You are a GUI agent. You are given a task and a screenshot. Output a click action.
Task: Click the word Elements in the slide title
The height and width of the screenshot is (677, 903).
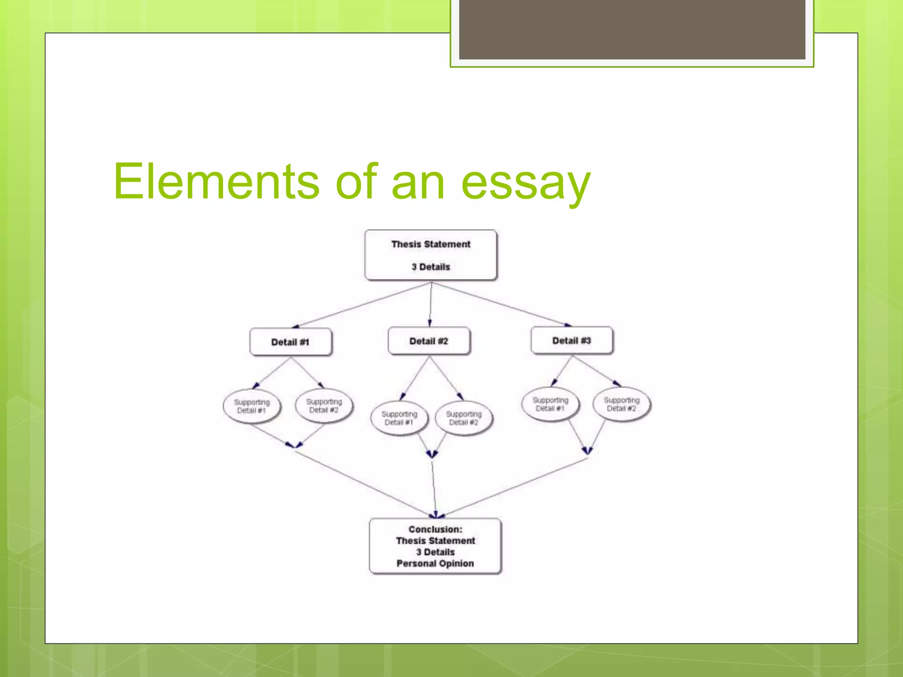tap(216, 182)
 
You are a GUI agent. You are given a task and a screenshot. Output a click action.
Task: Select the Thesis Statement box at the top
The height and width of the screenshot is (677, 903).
tap(431, 254)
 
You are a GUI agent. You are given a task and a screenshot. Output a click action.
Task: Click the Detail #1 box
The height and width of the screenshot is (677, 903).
tap(291, 342)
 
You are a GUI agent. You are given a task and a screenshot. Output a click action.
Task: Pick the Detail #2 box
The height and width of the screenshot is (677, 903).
tap(429, 341)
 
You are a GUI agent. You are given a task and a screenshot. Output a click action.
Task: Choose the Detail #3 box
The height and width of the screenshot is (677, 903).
tap(571, 340)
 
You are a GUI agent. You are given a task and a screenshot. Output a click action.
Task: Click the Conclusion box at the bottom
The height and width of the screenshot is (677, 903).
tap(435, 546)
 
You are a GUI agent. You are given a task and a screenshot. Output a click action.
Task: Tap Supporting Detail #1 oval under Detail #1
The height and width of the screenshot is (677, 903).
tap(251, 406)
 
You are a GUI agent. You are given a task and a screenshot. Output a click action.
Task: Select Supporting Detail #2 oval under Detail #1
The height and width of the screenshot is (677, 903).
tap(324, 405)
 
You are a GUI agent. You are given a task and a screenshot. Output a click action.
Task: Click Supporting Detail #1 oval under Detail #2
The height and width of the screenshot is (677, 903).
tap(399, 418)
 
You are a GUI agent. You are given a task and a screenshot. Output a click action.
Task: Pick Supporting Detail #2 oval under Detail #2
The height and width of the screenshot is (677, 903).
tap(464, 418)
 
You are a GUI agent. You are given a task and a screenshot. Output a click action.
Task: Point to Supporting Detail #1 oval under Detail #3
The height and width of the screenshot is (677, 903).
tap(550, 404)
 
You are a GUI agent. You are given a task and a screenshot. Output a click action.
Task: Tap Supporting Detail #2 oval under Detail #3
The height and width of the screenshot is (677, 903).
tap(622, 404)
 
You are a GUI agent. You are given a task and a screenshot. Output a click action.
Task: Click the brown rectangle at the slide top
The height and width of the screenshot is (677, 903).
tap(632, 29)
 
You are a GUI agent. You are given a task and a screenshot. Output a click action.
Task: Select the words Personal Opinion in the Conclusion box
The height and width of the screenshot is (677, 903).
tap(435, 563)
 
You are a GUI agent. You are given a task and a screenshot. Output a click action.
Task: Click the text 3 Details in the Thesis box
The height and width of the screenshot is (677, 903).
tap(431, 267)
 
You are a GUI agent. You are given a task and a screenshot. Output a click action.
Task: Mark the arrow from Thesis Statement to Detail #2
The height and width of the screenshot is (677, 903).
tap(430, 304)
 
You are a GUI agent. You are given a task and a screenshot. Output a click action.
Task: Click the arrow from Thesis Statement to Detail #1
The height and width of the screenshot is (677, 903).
tap(362, 305)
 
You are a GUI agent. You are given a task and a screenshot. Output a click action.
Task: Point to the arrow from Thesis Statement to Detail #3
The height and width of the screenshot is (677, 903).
tap(500, 304)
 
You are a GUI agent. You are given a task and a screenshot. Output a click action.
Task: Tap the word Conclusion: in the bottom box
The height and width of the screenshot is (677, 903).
tap(435, 529)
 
